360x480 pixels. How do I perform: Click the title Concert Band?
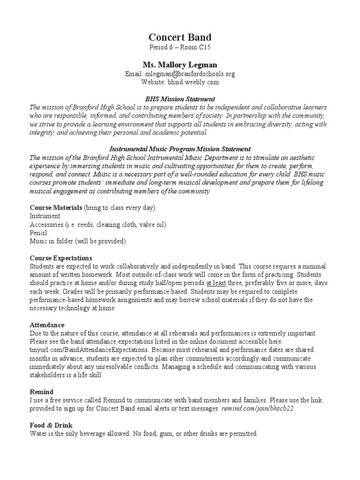point(180,37)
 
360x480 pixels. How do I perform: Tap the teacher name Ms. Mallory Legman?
point(180,64)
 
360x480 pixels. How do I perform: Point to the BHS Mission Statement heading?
point(180,99)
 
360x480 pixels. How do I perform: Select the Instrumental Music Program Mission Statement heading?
point(180,149)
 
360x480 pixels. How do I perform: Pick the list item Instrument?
point(45,216)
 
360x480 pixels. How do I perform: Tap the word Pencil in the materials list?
point(38,233)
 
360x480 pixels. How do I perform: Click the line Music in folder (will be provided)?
point(78,241)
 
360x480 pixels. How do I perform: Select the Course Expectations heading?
point(61,258)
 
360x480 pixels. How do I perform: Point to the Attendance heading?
point(47,325)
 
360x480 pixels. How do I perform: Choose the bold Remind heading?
point(42,392)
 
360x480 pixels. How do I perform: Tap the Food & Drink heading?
point(52,426)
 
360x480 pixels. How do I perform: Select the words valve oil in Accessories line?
point(151,225)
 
